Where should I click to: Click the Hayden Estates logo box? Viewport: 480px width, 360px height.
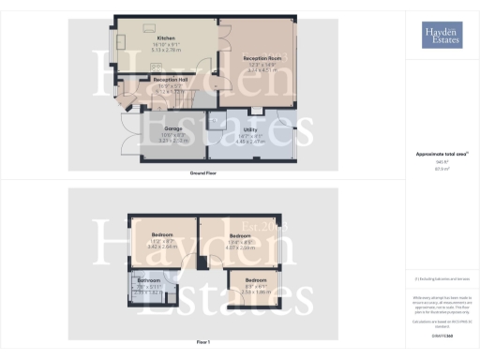442,37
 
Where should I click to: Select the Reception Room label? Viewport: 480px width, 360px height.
262,58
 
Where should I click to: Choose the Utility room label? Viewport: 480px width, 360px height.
250,129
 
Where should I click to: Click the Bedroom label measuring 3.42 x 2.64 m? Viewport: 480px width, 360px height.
163,235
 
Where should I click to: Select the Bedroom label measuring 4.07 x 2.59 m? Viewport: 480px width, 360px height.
242,236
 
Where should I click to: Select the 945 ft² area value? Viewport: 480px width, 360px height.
441,162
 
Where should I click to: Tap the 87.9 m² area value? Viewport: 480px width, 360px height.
441,170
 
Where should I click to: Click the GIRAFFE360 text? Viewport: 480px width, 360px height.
441,335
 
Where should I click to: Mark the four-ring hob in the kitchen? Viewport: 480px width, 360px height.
156,70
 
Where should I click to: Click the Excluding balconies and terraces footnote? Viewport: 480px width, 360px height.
441,277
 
